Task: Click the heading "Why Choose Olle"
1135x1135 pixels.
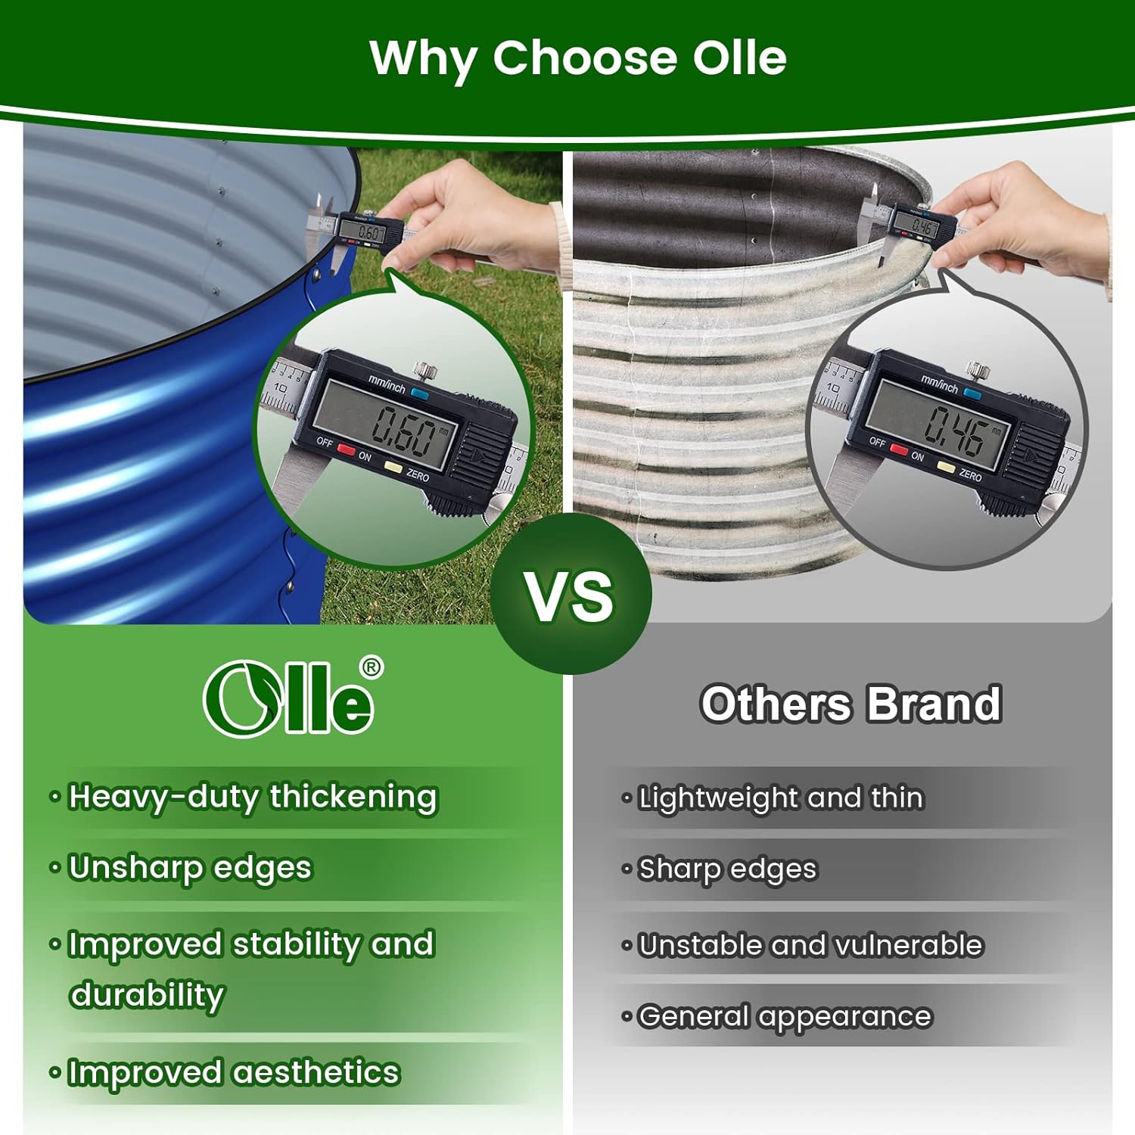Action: (578, 59)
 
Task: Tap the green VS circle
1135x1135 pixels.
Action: (571, 594)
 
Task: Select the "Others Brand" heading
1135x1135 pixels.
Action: (850, 704)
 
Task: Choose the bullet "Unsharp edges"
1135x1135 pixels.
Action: (190, 869)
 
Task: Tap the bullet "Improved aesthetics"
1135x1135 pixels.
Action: (233, 1072)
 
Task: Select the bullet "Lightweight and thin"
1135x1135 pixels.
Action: (781, 798)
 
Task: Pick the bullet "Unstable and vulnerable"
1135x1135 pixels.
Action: (810, 945)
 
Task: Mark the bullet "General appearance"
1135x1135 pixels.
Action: (785, 1017)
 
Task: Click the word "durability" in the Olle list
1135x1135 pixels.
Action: (147, 996)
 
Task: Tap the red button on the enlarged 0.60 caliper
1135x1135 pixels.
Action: (346, 449)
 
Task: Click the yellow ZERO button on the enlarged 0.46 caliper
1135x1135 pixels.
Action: (946, 468)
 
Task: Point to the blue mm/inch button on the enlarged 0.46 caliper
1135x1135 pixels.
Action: (972, 394)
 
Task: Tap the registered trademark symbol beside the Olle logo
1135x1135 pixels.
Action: (371, 667)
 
